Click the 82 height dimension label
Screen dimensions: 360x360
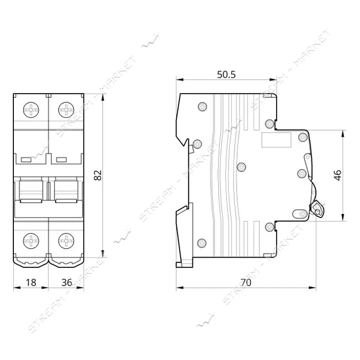pyautogui.click(x=98, y=175)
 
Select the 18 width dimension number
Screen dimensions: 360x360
pyautogui.click(x=31, y=282)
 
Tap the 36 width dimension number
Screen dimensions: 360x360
pyautogui.click(x=66, y=282)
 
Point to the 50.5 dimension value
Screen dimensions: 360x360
pyautogui.click(x=226, y=75)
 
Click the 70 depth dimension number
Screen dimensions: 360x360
pyautogui.click(x=246, y=282)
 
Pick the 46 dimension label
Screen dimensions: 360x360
pyautogui.click(x=338, y=175)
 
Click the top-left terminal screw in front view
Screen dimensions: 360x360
pyautogui.click(x=31, y=110)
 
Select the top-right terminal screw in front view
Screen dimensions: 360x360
pyautogui.click(x=66, y=110)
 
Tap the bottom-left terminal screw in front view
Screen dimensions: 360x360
pyautogui.click(x=31, y=241)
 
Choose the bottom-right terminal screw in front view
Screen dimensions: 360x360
pyautogui.click(x=66, y=241)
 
